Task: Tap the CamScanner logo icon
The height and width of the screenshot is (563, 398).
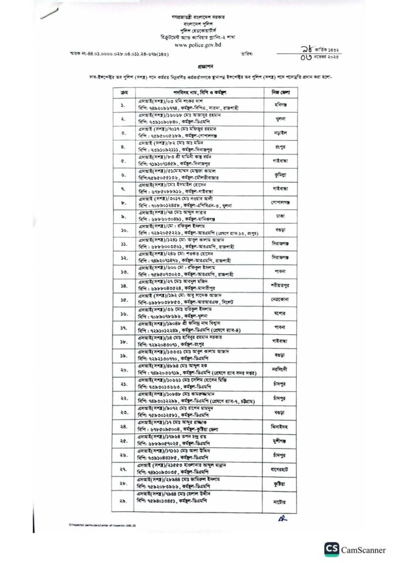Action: coord(331,548)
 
